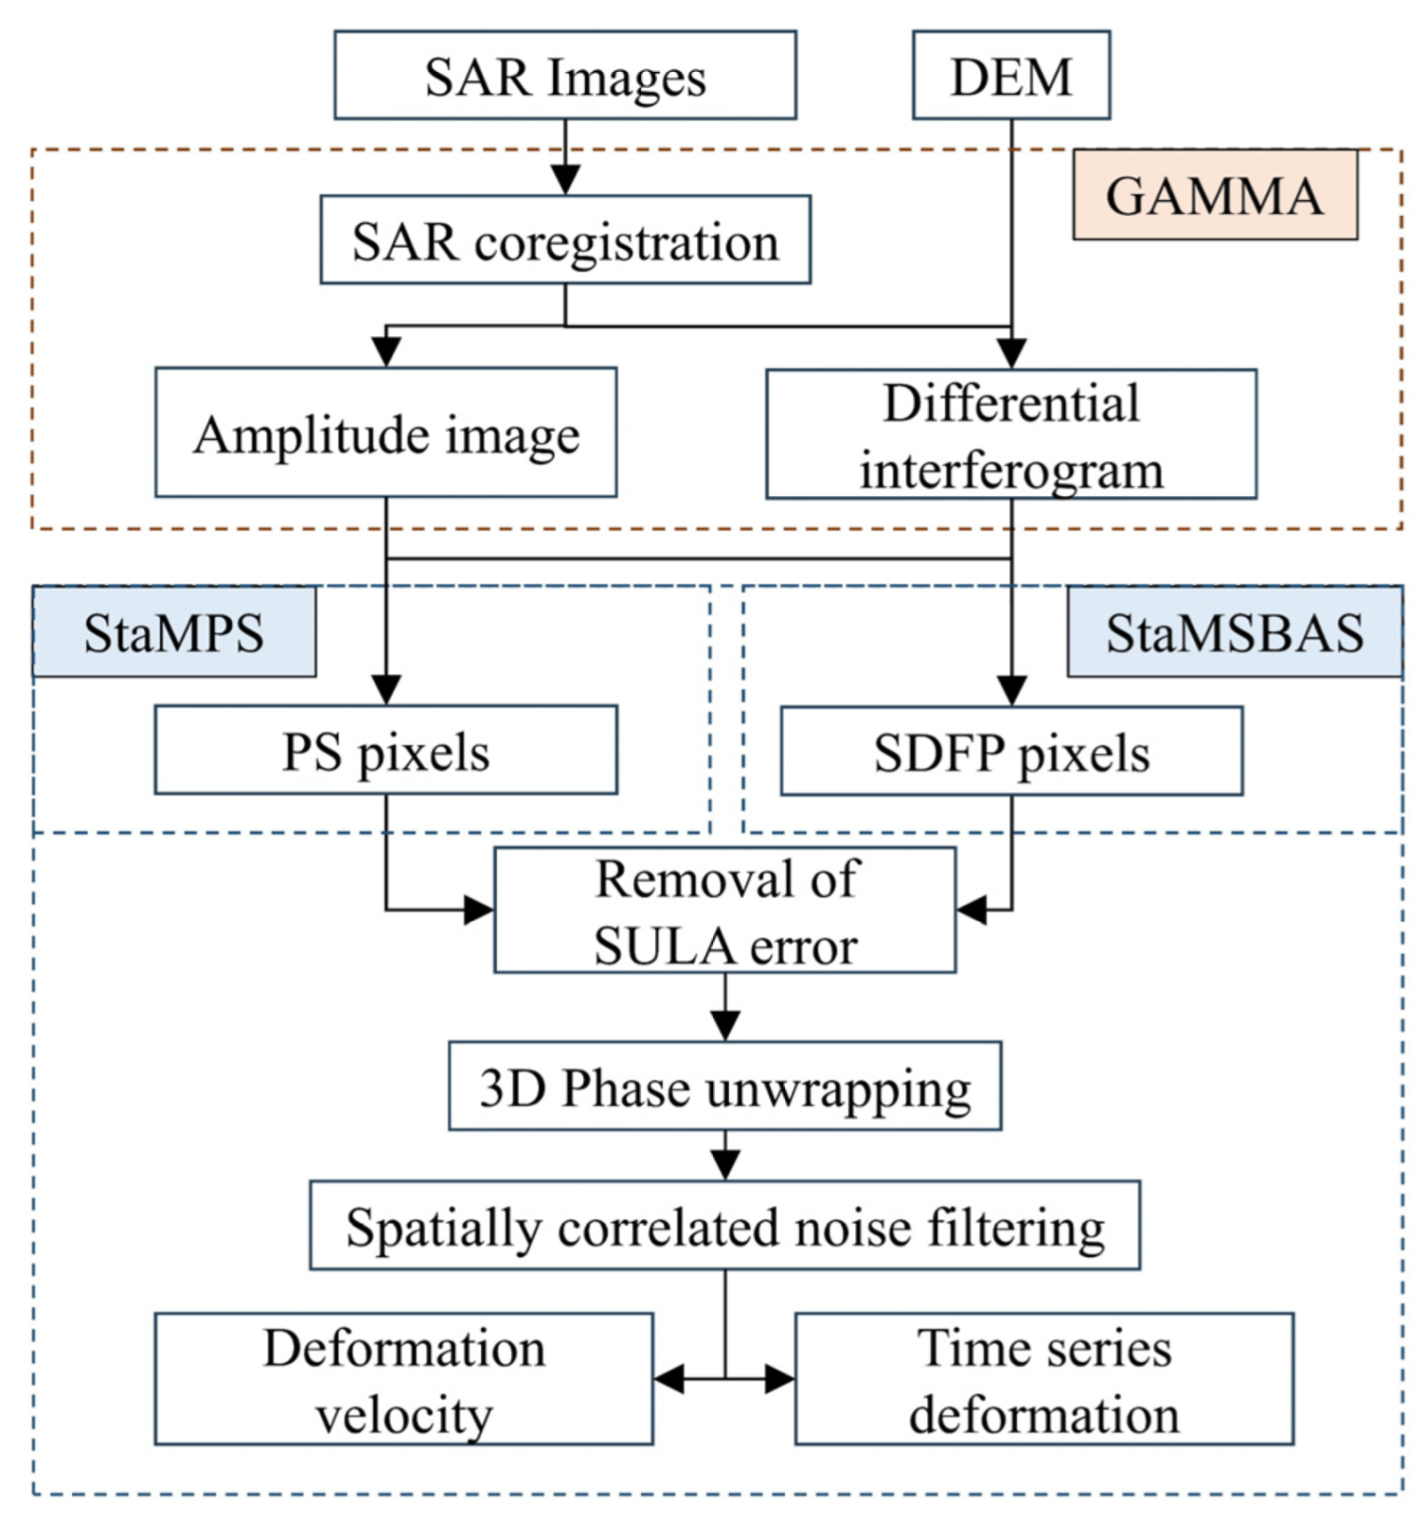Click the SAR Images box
(x=564, y=76)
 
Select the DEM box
(x=1011, y=76)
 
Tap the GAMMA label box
(x=1214, y=195)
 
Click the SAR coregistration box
(x=564, y=240)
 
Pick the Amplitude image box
(x=385, y=433)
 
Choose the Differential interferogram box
(x=1011, y=434)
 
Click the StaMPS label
(x=174, y=633)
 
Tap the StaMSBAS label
(x=1233, y=633)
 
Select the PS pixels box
(x=385, y=750)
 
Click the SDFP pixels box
(x=1011, y=751)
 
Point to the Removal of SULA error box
(x=724, y=910)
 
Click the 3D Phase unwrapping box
(x=724, y=1087)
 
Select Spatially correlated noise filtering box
(x=724, y=1226)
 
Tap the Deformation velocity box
(x=403, y=1379)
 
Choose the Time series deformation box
(x=1044, y=1379)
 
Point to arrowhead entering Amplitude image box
(x=386, y=352)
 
